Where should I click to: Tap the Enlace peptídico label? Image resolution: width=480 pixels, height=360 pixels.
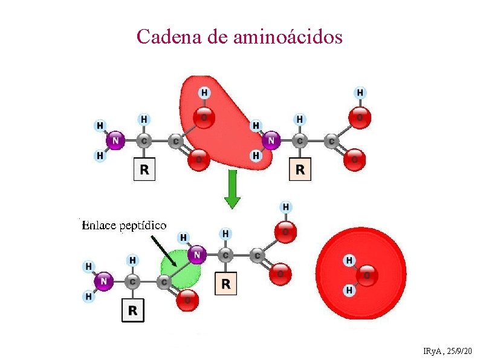[124, 226]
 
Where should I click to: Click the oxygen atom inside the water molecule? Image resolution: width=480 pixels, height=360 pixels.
[366, 275]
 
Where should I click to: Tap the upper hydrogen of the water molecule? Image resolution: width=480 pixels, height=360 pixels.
[349, 260]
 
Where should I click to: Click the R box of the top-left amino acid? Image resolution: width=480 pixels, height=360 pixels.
[144, 169]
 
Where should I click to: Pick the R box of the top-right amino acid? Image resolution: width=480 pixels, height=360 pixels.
[300, 169]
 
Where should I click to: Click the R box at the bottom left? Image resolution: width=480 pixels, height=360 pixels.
[133, 310]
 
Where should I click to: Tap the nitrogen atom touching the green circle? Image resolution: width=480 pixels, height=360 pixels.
[196, 255]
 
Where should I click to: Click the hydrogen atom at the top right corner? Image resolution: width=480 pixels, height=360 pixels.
[360, 93]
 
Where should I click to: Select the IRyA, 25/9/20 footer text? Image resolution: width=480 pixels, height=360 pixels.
[448, 350]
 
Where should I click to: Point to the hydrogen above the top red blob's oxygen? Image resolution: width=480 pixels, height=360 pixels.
[204, 93]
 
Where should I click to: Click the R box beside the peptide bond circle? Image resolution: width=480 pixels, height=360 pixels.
[225, 283]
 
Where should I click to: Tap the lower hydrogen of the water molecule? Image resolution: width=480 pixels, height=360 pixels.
[349, 291]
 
